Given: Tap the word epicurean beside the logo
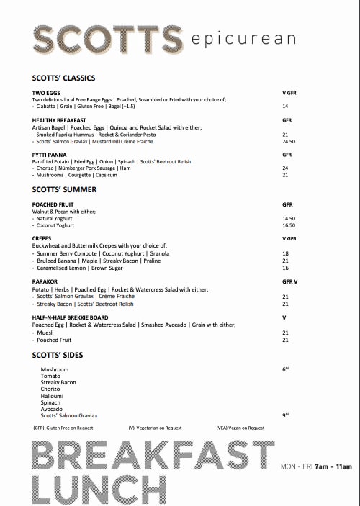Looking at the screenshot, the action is [x=235, y=39].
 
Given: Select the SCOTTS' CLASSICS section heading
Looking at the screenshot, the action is [x=63, y=78].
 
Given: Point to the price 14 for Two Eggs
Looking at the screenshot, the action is [x=285, y=106].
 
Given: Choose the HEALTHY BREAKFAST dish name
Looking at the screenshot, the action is [x=59, y=120].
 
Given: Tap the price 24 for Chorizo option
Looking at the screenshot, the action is [x=285, y=168].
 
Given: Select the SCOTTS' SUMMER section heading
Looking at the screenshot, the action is [x=64, y=189].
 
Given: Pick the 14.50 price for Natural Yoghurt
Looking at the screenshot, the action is [x=289, y=218].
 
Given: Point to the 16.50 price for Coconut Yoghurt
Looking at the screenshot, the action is [x=289, y=225].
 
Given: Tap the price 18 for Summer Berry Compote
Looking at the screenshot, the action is [x=285, y=253].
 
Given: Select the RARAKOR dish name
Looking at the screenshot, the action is [x=46, y=282].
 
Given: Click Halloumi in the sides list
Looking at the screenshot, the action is [x=53, y=396].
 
